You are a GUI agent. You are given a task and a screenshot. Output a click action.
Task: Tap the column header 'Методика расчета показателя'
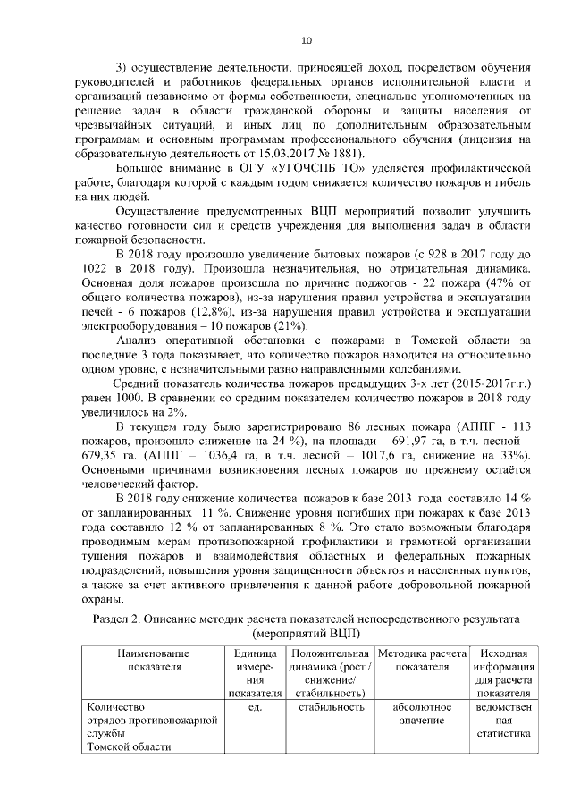(422, 660)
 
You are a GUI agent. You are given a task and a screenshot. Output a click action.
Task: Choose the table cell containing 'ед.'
(253, 707)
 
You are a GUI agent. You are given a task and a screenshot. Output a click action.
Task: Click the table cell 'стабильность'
(331, 707)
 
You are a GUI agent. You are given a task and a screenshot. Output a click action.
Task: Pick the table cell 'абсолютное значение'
(422, 713)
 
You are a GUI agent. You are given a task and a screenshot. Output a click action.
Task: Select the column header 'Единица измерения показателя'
(253, 673)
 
